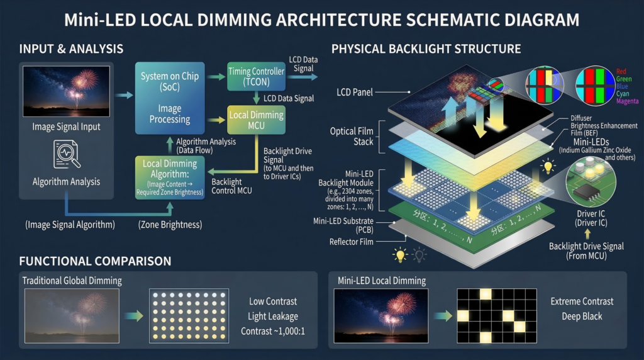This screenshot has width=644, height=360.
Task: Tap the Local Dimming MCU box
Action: (255, 120)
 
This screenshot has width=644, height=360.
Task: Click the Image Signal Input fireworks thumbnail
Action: (66, 92)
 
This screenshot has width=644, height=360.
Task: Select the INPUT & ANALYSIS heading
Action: (71, 49)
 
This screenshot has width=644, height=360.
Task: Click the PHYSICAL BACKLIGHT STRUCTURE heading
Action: (426, 49)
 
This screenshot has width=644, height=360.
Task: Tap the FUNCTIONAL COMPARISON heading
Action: (95, 261)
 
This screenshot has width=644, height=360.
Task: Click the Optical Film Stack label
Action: (352, 136)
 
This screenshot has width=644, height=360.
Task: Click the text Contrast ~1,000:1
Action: (272, 331)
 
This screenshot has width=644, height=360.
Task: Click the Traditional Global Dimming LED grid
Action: (187, 316)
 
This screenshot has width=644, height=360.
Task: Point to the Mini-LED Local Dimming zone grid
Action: (496, 315)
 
